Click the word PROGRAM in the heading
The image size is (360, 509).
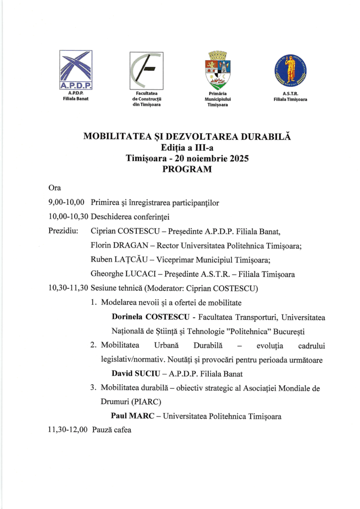tap(187, 169)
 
